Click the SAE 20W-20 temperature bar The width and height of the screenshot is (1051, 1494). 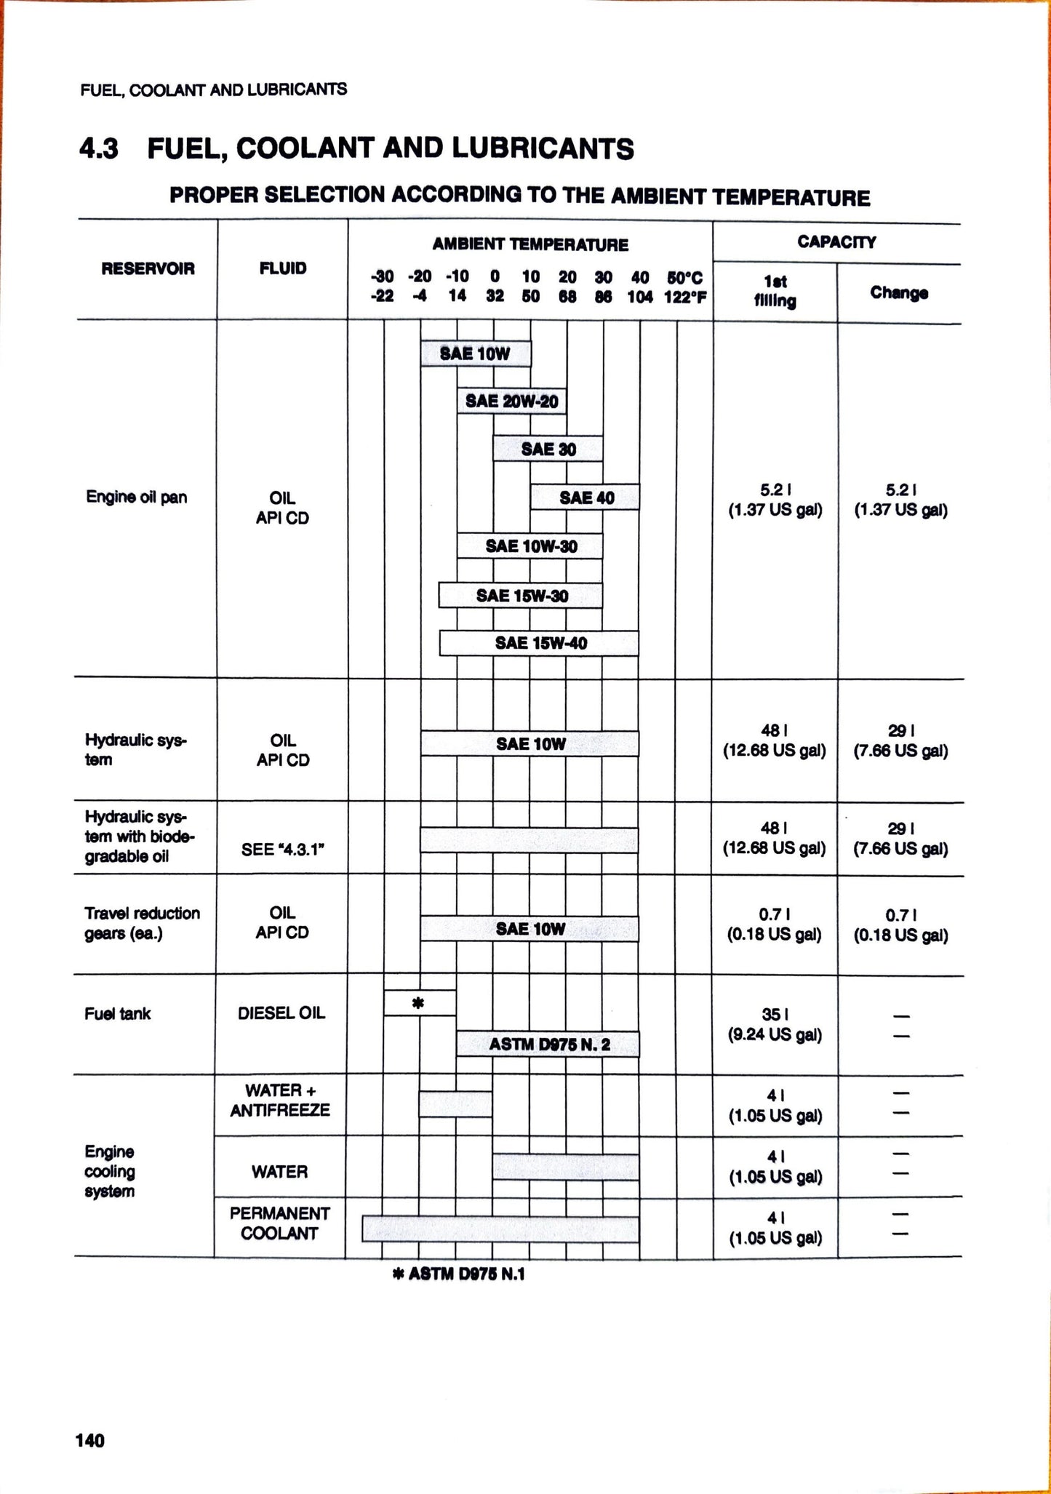coord(511,401)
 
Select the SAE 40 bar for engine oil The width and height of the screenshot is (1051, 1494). coord(586,498)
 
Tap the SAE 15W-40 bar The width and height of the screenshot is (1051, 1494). coord(539,643)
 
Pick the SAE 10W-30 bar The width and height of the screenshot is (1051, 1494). coord(530,546)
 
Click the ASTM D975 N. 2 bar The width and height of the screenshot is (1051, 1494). coord(548,1044)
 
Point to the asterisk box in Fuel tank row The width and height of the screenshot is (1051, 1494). coord(420,1003)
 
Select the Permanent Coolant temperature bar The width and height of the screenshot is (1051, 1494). coord(500,1229)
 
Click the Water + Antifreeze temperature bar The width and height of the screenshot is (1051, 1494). coord(455,1104)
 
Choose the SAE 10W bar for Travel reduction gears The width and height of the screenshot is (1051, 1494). coord(530,929)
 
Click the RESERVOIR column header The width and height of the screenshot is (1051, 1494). coord(148,269)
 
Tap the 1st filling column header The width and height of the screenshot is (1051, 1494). coord(775,292)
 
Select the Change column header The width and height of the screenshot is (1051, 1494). coord(899,293)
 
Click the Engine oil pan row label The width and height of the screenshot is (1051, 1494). coord(136,498)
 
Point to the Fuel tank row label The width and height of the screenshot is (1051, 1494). coord(117,1014)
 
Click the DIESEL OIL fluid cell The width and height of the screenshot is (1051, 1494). coord(281,1013)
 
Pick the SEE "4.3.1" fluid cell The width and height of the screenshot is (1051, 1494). coord(281,849)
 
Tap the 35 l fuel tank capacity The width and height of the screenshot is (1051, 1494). coord(775,1014)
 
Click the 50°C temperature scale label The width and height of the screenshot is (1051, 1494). coord(684,277)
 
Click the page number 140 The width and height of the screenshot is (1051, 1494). coord(90,1440)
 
